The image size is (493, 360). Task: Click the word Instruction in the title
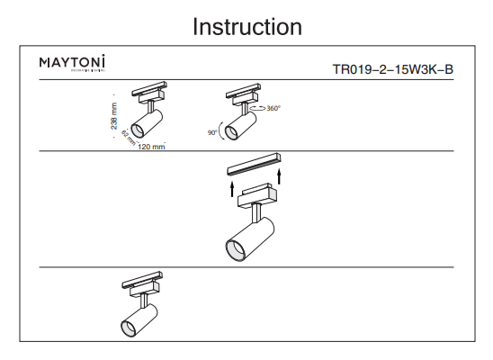246,27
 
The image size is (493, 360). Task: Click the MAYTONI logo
72,63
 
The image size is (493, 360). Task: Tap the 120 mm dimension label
152,146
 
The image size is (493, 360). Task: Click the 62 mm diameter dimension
128,139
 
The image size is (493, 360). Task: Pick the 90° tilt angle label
212,132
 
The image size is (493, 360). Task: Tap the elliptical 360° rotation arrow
255,107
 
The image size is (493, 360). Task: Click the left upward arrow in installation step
231,188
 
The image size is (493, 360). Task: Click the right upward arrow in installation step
281,174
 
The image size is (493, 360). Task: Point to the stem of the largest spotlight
257,213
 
